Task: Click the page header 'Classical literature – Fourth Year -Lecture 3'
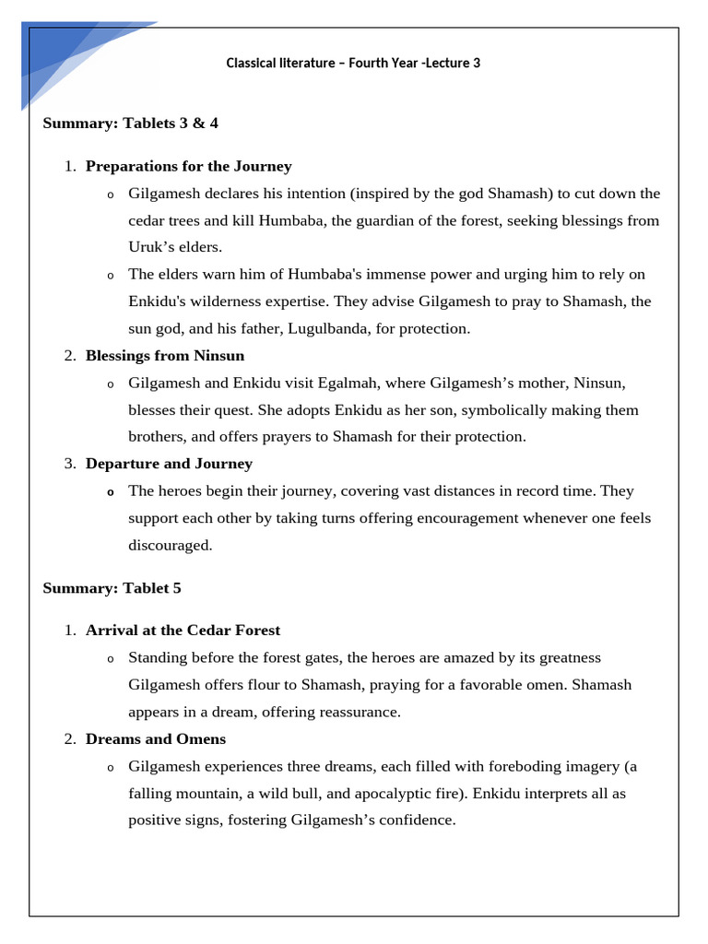353,64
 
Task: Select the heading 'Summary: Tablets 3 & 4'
130,123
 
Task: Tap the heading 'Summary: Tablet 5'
112,588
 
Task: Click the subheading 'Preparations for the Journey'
188,166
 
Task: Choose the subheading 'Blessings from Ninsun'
165,355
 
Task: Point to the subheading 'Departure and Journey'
169,464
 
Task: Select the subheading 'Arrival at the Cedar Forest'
183,631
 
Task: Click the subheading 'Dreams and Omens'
156,739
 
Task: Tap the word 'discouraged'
170,545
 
